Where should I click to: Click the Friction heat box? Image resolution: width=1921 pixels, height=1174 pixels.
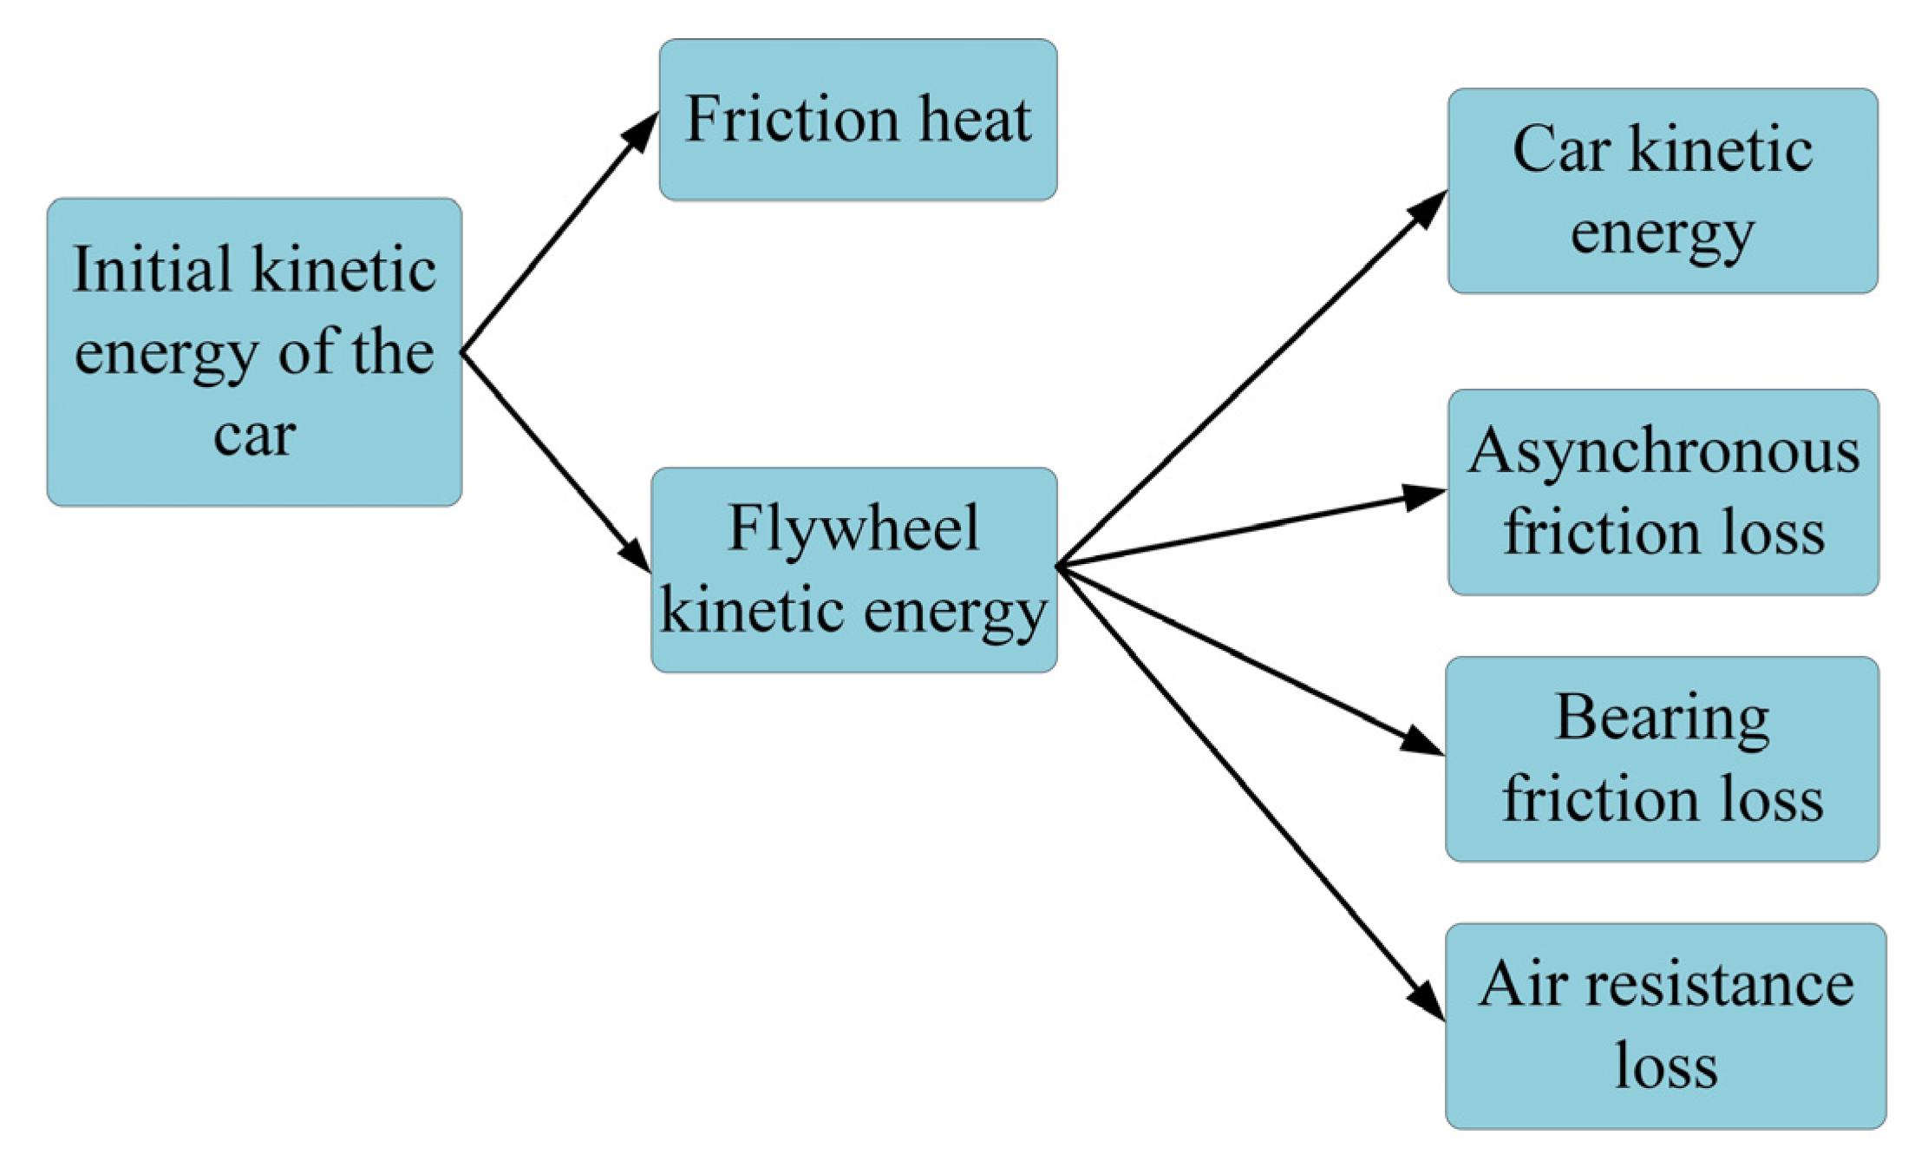(858, 120)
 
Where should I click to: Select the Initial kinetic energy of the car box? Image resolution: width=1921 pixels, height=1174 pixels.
(254, 351)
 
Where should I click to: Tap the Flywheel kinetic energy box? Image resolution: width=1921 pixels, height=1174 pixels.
(854, 569)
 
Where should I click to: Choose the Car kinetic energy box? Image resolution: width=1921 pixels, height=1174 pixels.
(1662, 191)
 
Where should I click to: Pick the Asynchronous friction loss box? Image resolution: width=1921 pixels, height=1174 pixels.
(1663, 492)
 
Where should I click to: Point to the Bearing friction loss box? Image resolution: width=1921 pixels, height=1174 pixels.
(1662, 758)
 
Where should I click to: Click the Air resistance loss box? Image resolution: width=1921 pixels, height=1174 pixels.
(1665, 1026)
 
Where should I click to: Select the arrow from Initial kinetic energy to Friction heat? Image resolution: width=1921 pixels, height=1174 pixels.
(559, 233)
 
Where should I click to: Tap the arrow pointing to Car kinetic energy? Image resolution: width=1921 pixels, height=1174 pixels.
(1251, 378)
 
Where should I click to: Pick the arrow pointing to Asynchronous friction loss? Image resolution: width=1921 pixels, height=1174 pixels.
(1251, 529)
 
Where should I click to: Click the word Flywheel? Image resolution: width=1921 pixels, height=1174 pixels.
(853, 529)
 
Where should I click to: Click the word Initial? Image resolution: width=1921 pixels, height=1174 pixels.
(153, 270)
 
